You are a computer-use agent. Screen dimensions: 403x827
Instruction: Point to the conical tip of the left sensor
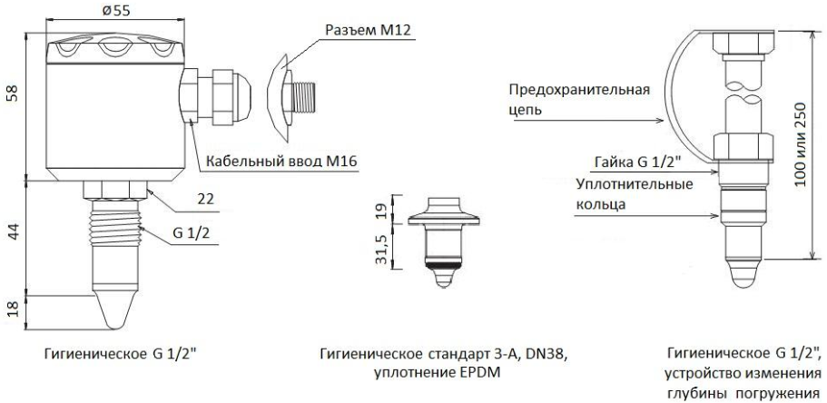pos(114,310)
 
